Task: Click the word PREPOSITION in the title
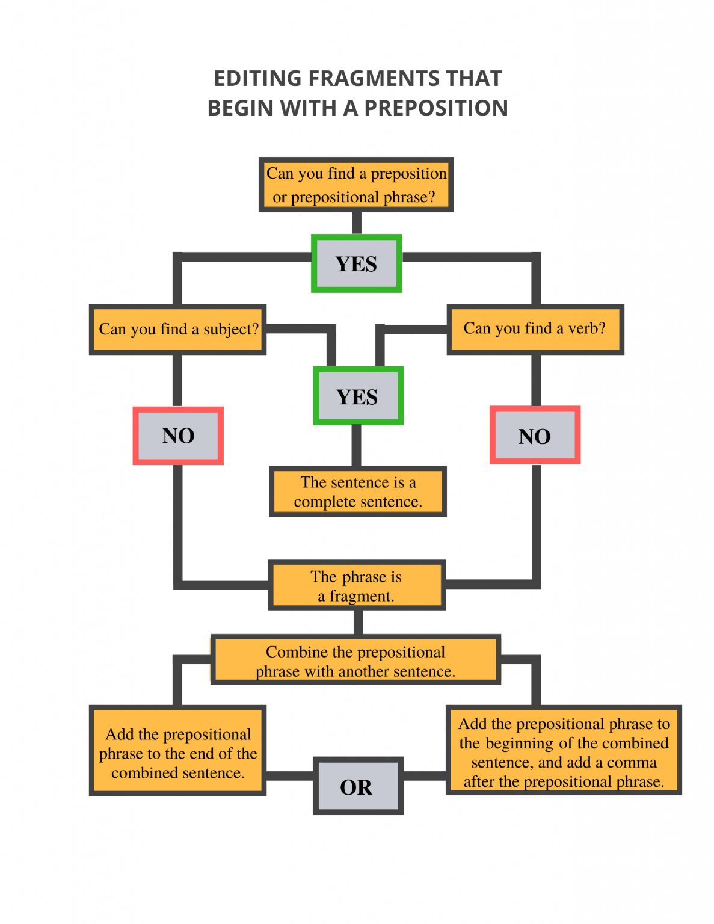(436, 108)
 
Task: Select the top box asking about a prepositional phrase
(356, 185)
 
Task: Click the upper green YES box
(356, 263)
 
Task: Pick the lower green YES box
(358, 396)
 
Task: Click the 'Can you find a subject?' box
(177, 329)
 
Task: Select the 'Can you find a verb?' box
(535, 328)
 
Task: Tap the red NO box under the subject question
(178, 436)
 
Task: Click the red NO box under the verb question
(535, 436)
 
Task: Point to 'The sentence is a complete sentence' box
(357, 491)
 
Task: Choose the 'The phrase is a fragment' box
(356, 585)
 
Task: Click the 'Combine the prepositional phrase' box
(355, 661)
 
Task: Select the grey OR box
(357, 786)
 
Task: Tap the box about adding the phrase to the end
(177, 752)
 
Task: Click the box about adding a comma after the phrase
(563, 751)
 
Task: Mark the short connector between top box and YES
(356, 223)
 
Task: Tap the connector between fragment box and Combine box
(358, 622)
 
